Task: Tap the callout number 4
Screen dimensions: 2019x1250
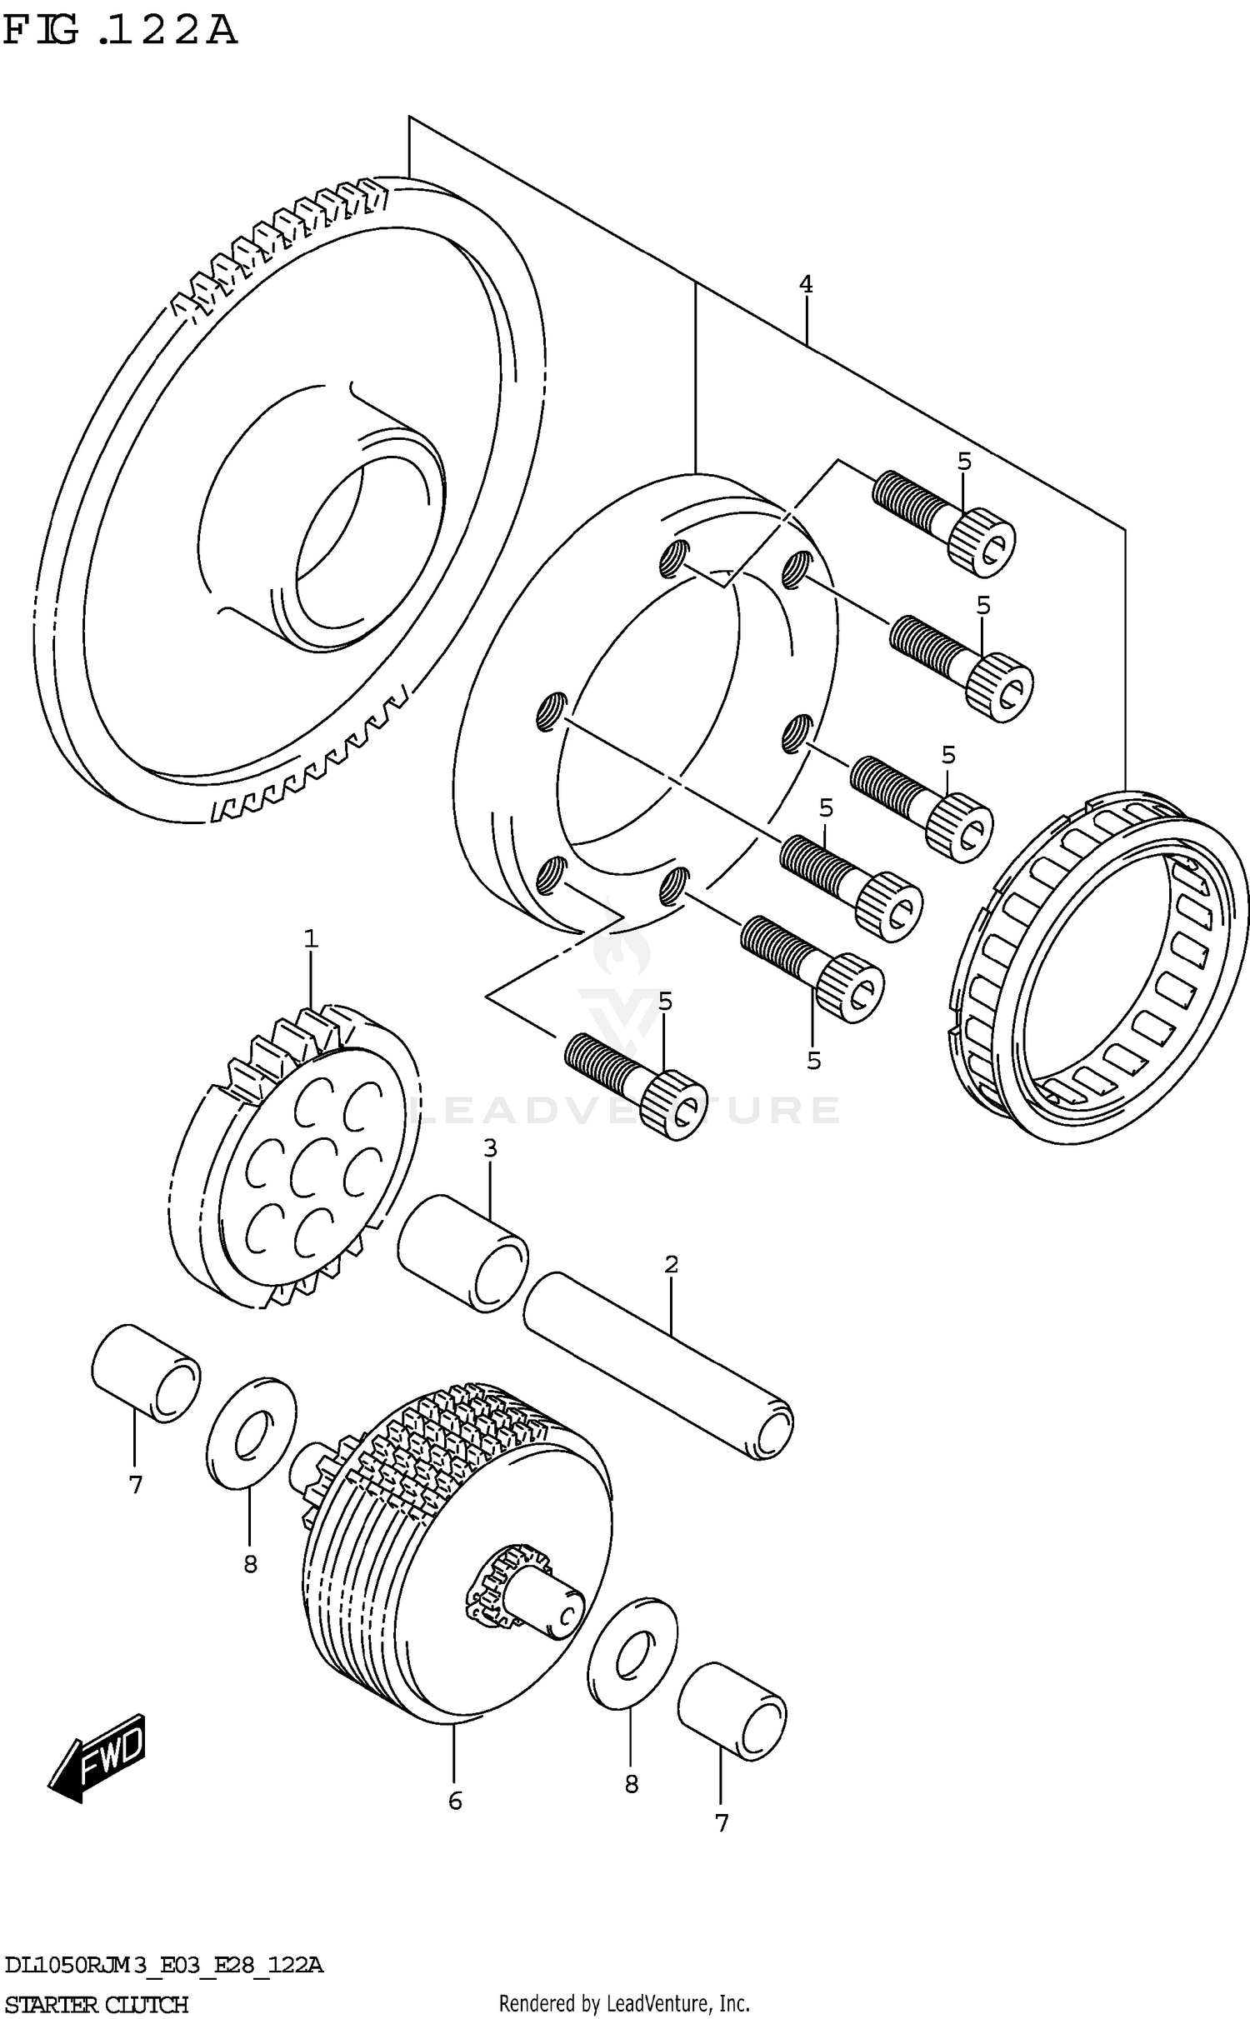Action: point(805,284)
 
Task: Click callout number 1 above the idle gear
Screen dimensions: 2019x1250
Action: point(311,939)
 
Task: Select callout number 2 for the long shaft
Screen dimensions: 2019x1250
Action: point(672,1264)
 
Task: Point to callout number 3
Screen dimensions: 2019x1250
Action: point(490,1148)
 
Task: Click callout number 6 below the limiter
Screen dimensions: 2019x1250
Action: point(455,1801)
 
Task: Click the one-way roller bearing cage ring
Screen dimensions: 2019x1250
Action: point(1100,967)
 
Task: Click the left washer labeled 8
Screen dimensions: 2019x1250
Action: point(251,1432)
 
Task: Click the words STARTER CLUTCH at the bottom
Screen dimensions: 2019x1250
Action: point(97,2005)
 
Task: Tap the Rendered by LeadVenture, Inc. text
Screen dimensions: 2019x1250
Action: point(624,2003)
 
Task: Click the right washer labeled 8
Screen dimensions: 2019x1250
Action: point(632,1652)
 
